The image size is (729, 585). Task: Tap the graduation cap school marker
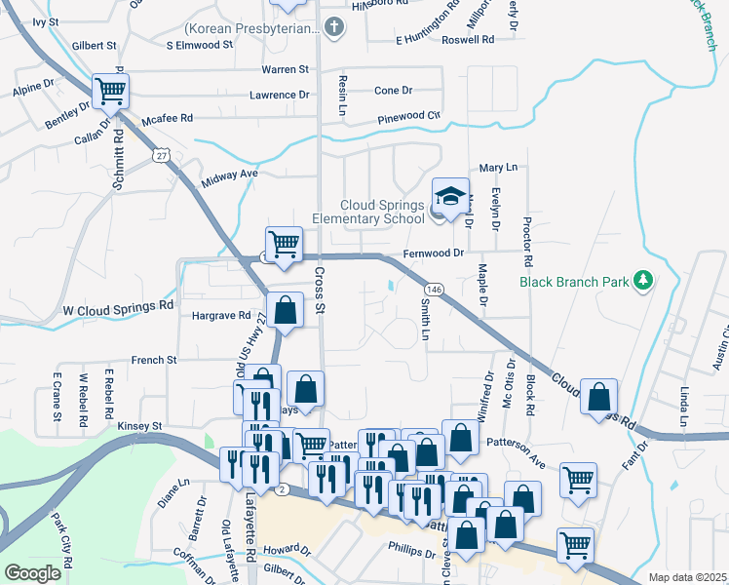pos(450,198)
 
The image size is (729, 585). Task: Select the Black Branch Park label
pos(574,282)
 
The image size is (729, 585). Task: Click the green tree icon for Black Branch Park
pos(642,282)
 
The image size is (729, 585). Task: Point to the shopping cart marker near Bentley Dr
pos(111,93)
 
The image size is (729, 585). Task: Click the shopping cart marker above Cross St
pos(284,245)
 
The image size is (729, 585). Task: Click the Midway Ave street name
pos(229,175)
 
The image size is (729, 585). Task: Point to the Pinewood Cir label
pos(410,116)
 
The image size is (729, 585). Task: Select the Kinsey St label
pos(137,426)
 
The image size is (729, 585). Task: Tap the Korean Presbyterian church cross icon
pos(334,27)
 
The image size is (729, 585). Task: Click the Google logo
pos(32,573)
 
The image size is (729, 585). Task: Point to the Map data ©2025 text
pos(687,577)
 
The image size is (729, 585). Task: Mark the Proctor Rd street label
pos(527,243)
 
